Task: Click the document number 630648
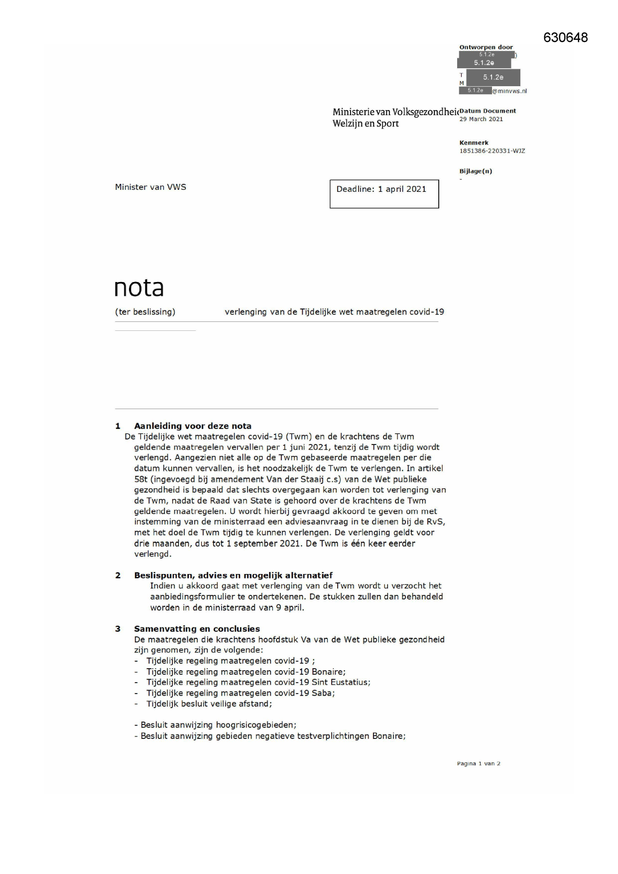[565, 38]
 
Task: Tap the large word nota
[139, 288]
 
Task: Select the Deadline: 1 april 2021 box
[384, 193]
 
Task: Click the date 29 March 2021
[481, 119]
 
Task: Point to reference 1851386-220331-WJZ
[492, 151]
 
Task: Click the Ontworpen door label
[486, 47]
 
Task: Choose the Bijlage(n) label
[476, 171]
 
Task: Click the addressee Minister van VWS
[150, 187]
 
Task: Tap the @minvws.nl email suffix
[509, 91]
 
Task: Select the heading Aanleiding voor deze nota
[193, 426]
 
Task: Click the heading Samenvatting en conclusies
[197, 629]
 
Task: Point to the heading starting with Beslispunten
[233, 576]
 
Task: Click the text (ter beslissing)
[145, 312]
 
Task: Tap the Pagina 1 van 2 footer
[479, 763]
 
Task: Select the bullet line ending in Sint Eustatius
[258, 683]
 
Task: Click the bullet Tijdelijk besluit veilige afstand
[209, 704]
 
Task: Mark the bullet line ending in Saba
[240, 693]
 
